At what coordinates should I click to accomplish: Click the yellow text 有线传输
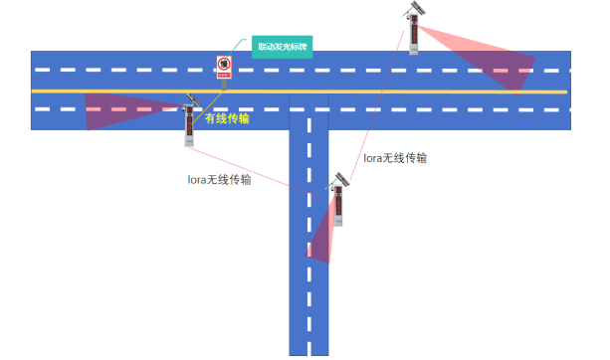pos(227,118)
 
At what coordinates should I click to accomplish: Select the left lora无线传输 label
pos(219,180)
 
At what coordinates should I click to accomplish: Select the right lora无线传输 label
pos(395,157)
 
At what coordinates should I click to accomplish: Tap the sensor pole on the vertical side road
pos(339,204)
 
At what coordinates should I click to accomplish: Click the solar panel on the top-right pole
pos(414,8)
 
